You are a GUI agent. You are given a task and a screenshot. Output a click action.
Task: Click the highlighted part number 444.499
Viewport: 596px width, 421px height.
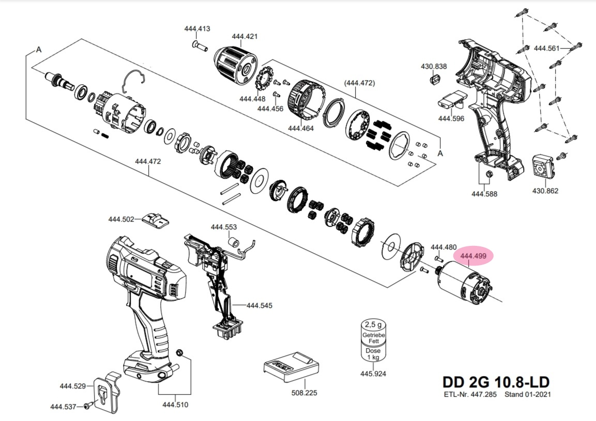coord(473,256)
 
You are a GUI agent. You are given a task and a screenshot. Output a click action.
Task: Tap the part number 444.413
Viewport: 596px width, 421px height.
coord(197,29)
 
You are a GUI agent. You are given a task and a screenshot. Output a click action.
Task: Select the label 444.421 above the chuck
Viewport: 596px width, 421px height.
coord(244,37)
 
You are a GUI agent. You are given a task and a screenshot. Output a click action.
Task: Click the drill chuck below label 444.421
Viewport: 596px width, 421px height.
coord(238,61)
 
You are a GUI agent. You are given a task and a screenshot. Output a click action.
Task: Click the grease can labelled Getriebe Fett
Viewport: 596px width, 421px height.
coord(373,341)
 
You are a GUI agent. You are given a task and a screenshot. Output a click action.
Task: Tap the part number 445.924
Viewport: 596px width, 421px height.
coord(373,373)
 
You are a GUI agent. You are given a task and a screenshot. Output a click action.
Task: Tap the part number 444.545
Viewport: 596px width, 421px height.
coord(259,306)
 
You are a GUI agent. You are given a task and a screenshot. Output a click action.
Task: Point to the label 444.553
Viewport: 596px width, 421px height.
coord(224,227)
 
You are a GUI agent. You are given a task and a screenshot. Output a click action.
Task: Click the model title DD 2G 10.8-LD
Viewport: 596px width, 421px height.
coord(496,382)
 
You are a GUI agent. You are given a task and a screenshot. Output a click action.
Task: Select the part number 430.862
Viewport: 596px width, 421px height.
coord(545,191)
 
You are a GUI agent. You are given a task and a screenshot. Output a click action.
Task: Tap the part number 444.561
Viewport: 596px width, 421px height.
coord(546,49)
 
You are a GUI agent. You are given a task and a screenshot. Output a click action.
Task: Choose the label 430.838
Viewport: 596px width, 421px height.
coord(434,67)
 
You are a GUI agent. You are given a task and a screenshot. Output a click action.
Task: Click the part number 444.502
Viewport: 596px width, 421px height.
coord(121,219)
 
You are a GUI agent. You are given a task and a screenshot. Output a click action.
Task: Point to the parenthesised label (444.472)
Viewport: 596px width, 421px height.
coord(359,83)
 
